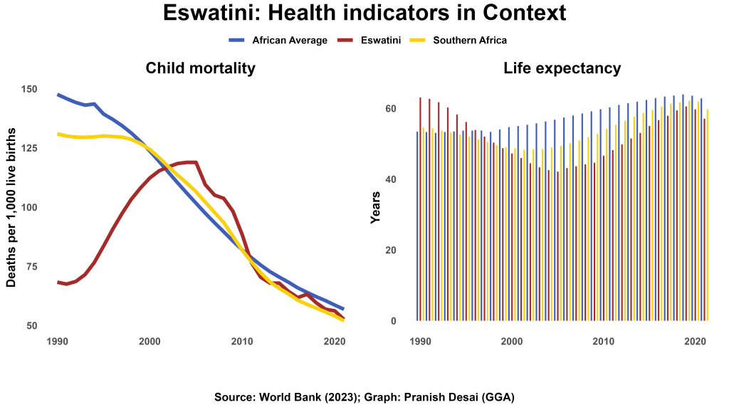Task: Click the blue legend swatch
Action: pos(237,40)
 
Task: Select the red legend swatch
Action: pos(345,40)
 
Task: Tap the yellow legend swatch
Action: pos(418,40)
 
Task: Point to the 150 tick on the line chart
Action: pos(29,89)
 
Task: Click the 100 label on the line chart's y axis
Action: pos(29,208)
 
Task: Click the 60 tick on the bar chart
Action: pos(390,109)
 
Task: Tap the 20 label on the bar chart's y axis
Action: pos(390,251)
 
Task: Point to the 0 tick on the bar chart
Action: pos(392,321)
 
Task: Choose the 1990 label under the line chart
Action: pos(57,342)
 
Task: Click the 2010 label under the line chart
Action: pos(242,342)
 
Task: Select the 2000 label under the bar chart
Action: pos(511,342)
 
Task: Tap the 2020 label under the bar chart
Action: pos(695,342)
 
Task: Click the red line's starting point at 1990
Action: pos(58,282)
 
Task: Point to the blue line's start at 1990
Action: pos(58,94)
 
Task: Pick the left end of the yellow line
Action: pos(58,133)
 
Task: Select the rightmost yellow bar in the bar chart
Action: pos(707,214)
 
